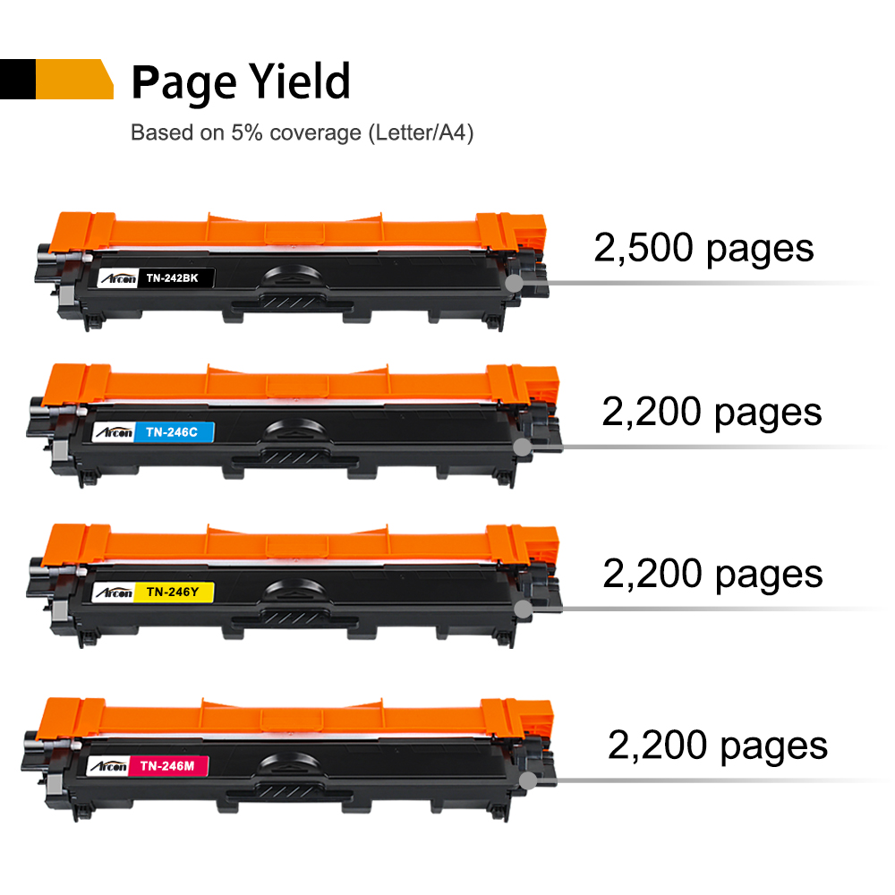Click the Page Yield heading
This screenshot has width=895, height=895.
(240, 82)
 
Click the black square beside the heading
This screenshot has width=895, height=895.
(17, 79)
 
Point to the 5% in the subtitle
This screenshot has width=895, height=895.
(243, 133)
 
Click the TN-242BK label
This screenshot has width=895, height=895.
(177, 279)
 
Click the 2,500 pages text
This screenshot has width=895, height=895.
(703, 248)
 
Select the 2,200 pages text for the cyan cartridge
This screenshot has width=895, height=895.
(712, 412)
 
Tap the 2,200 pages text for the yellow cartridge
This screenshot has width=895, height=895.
(712, 574)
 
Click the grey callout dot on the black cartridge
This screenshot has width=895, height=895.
(514, 283)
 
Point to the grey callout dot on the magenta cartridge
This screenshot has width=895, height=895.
(529, 780)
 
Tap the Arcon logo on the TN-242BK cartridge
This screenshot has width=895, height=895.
(116, 279)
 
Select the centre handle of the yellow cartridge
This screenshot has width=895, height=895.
(296, 590)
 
